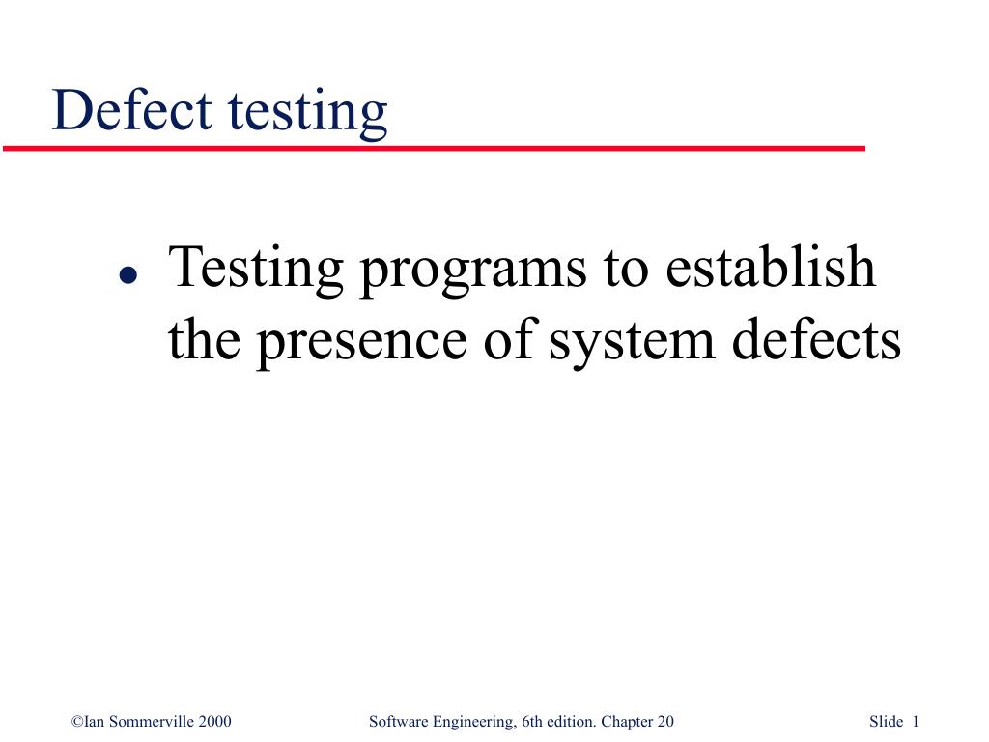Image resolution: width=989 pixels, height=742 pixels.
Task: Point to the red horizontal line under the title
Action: click(x=435, y=148)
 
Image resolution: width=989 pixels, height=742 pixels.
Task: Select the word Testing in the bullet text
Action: click(x=256, y=270)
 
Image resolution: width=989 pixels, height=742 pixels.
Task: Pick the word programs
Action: click(x=472, y=272)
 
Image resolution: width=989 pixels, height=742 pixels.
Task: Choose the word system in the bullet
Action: click(x=622, y=342)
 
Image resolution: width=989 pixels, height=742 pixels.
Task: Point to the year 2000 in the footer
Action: click(x=214, y=722)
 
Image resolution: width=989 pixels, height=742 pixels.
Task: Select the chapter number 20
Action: click(x=664, y=722)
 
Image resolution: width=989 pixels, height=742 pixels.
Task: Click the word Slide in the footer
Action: click(x=886, y=722)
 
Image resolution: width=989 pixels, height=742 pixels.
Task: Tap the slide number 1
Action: click(x=915, y=722)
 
